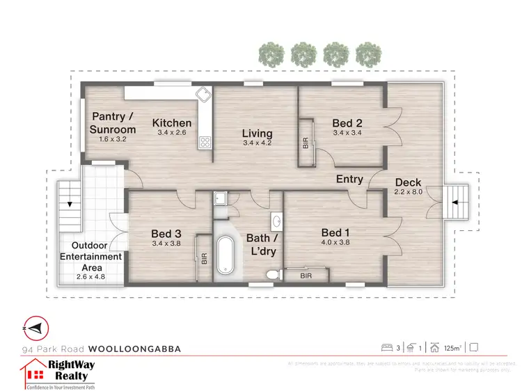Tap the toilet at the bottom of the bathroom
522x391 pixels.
pyautogui.click(x=271, y=276)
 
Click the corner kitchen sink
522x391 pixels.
pyautogui.click(x=203, y=95)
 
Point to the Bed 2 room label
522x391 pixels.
pyautogui.click(x=347, y=124)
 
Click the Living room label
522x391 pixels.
pyautogui.click(x=257, y=134)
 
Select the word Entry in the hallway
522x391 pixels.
pyautogui.click(x=349, y=179)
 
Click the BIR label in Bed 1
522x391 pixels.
pyautogui.click(x=306, y=276)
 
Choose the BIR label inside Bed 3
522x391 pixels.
pyautogui.click(x=203, y=259)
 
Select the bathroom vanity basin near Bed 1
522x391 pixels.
pyautogui.click(x=276, y=221)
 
